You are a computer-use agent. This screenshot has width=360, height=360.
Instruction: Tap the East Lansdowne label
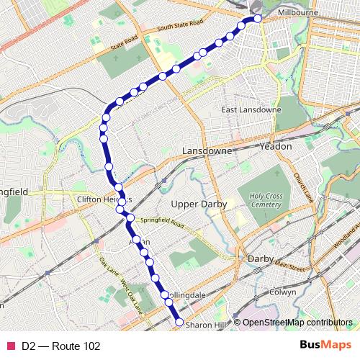pos(251,109)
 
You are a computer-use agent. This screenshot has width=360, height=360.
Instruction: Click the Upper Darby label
pos(199,204)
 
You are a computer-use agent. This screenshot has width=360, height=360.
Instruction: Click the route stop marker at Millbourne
pos(254,19)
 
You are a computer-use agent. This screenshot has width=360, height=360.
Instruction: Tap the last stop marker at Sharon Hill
pos(179,323)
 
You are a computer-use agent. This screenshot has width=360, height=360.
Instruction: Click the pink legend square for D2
pos(10,346)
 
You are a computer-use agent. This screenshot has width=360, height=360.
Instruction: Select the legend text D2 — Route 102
pos(60,346)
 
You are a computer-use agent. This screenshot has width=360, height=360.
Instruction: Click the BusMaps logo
pos(325,346)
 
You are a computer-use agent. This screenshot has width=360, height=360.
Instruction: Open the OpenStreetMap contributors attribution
pos(297,323)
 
